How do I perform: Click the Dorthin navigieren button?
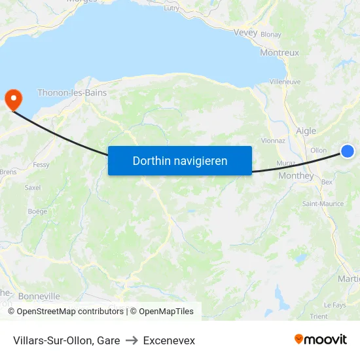180,160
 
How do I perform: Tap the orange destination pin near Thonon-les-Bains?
13,99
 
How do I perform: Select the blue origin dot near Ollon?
348,151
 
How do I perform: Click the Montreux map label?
279,52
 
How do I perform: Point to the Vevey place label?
245,32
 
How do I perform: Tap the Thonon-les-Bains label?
72,93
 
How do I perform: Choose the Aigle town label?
306,131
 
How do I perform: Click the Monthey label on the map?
296,175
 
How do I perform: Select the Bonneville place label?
39,297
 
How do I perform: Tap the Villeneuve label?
285,82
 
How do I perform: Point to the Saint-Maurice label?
323,204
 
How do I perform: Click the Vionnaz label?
273,140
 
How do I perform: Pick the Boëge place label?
38,211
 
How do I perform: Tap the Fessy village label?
41,165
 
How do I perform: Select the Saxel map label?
32,187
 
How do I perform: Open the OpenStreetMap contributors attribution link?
69,312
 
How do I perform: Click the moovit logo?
320,340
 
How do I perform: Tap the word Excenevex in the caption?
169,340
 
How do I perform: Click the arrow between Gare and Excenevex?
132,340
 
